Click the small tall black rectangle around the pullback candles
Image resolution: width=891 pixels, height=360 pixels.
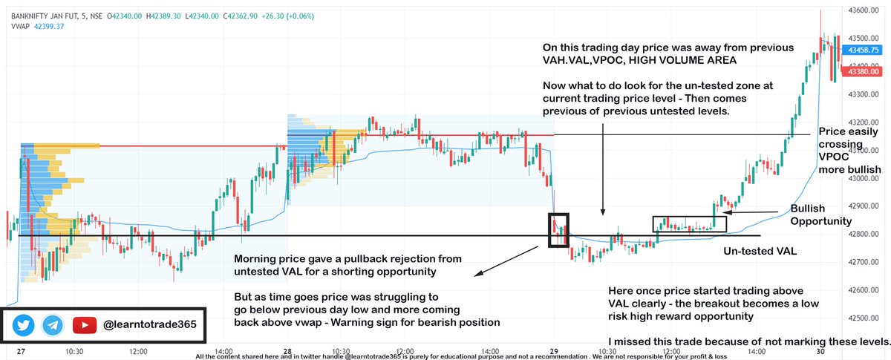558,230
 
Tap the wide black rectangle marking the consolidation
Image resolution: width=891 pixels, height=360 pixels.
689,224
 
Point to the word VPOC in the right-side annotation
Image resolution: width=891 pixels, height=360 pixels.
833,157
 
